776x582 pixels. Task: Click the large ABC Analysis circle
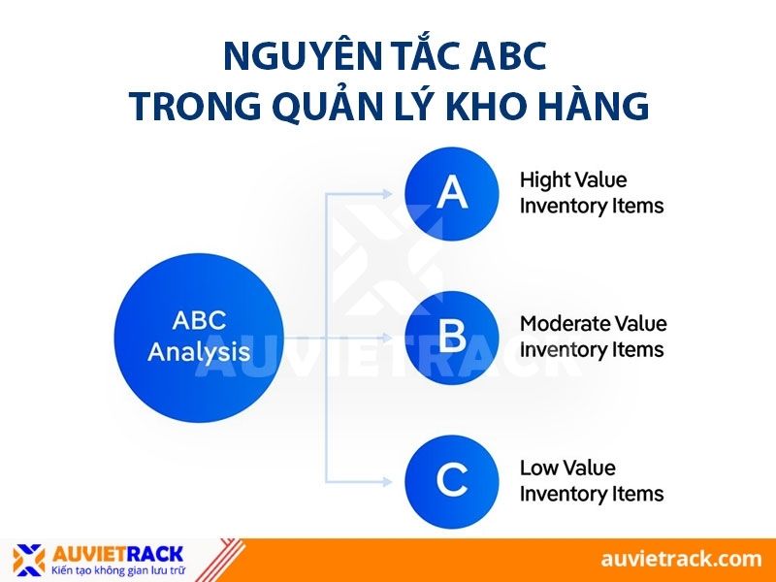[198, 337]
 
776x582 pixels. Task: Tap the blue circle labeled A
[451, 193]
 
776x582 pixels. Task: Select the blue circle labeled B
[451, 337]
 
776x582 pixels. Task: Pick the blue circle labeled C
[451, 480]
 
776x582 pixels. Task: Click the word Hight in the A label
[545, 180]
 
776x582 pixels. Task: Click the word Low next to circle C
[540, 468]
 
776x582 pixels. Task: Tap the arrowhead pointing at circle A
[393, 193]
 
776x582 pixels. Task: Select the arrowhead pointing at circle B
[393, 337]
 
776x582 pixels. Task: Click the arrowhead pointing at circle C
[393, 480]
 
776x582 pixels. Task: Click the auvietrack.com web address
[680, 559]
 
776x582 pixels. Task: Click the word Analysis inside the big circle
[198, 351]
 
